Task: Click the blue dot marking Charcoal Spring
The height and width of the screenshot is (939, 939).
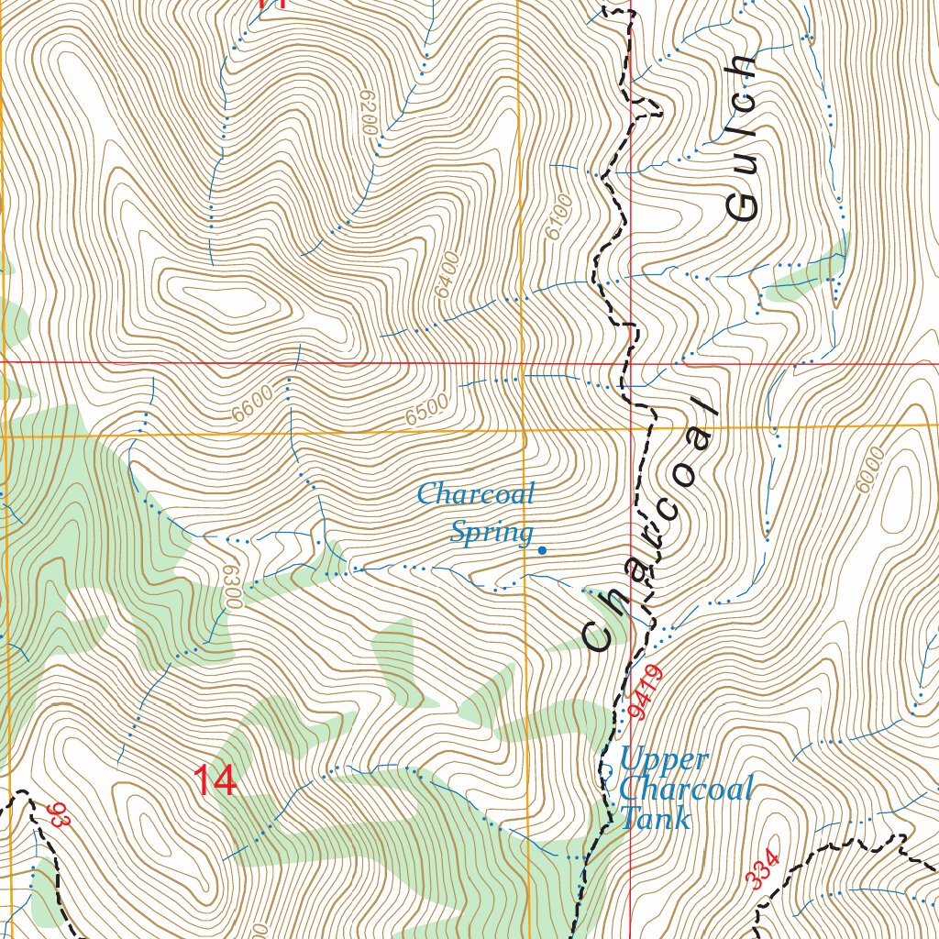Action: pos(542,550)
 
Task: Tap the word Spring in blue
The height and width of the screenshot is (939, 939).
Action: pos(492,532)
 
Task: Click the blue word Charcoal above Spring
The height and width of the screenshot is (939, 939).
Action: pos(475,495)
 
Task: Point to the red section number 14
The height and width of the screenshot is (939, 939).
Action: pos(215,781)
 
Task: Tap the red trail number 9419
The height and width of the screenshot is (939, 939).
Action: pos(646,691)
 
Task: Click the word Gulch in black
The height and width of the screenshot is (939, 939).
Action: pos(741,138)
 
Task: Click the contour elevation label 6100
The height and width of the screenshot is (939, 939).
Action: pos(558,217)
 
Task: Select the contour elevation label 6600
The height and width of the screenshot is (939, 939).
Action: pos(252,404)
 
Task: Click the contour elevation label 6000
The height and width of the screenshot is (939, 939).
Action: pos(868,470)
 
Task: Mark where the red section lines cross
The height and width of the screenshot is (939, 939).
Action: pos(632,363)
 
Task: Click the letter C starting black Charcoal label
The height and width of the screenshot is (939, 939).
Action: pos(599,635)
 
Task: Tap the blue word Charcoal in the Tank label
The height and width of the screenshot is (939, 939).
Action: pos(686,789)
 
